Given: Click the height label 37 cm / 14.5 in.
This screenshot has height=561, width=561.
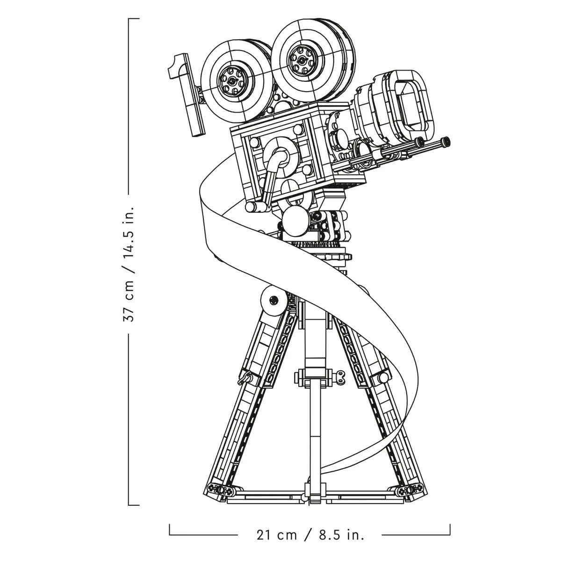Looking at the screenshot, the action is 129,264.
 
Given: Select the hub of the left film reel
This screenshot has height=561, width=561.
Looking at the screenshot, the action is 232,80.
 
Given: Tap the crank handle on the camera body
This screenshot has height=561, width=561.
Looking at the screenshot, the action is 268,180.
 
